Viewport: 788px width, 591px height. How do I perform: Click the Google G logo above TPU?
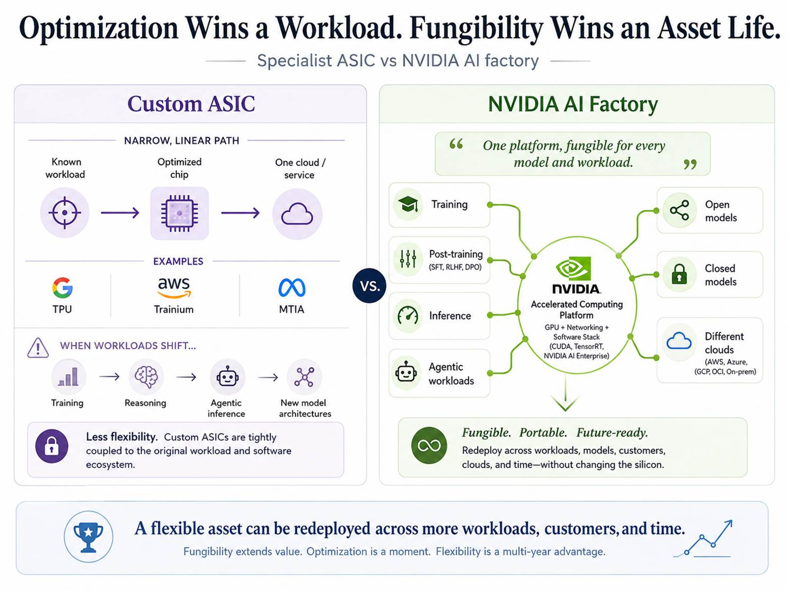point(63,287)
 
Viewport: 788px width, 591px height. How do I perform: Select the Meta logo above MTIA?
point(292,288)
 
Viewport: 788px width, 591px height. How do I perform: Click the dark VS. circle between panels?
point(369,285)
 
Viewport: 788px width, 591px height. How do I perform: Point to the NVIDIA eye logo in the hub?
point(573,268)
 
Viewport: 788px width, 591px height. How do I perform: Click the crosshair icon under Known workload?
point(65,213)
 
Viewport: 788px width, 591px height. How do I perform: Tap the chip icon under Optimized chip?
point(179,213)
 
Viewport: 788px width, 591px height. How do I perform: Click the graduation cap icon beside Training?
point(408,204)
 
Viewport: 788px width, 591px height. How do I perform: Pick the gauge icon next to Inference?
point(408,316)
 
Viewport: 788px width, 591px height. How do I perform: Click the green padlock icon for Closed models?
point(679,274)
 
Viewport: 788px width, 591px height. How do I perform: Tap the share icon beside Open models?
point(679,210)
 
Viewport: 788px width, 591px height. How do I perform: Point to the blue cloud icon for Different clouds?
point(679,341)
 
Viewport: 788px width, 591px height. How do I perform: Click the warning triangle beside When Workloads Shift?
point(38,348)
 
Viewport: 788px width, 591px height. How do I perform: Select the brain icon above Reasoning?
point(146,376)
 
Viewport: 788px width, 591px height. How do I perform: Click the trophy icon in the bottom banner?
point(88,536)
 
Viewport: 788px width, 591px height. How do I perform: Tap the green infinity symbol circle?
point(429,446)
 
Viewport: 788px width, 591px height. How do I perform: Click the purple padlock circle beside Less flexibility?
point(52,446)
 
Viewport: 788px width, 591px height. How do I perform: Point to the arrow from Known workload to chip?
point(120,213)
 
